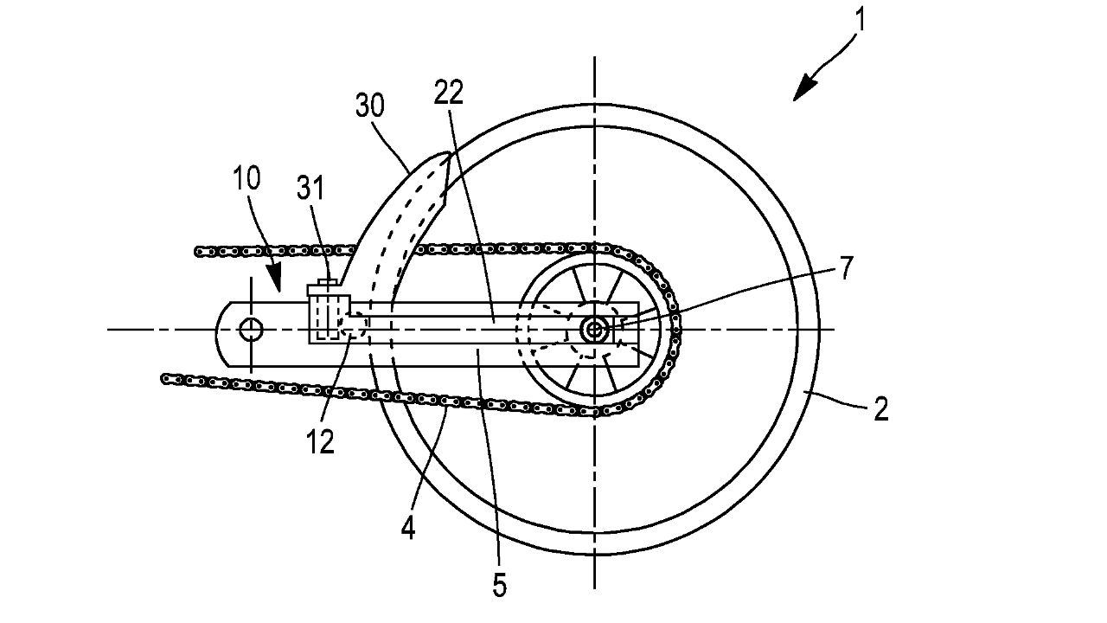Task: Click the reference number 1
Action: [861, 20]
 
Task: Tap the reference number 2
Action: [881, 409]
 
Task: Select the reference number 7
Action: [847, 268]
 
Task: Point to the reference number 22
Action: [449, 93]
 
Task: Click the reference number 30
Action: [370, 106]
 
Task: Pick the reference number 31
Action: [310, 188]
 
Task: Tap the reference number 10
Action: [246, 178]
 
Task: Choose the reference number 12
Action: [321, 441]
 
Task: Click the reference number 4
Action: [407, 529]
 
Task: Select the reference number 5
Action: [500, 585]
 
